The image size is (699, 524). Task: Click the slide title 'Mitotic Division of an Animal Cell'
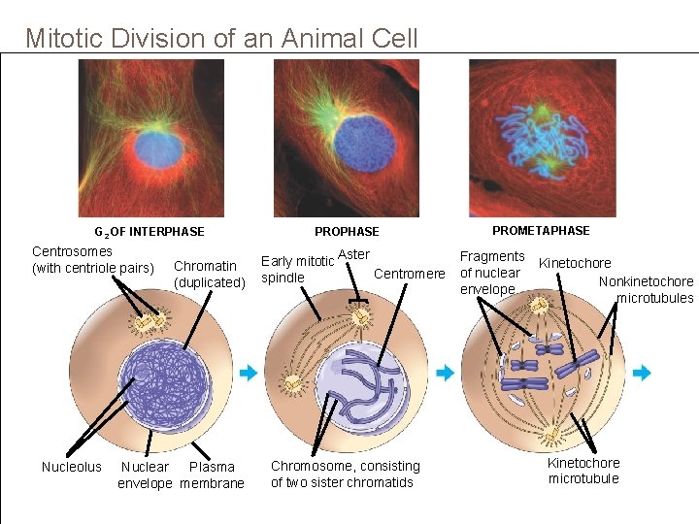point(221,39)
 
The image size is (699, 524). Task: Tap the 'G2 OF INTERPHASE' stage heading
point(149,232)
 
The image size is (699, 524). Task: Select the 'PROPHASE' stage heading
point(347,232)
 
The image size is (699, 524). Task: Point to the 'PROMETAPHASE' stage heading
point(541,231)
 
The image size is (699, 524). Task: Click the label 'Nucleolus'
point(71,467)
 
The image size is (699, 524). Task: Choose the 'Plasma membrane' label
point(212,475)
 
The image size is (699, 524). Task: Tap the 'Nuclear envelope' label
point(145,475)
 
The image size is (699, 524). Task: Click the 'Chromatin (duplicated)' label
point(209,274)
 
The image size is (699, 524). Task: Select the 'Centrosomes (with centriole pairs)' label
point(92,259)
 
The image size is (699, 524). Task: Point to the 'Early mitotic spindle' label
point(297,269)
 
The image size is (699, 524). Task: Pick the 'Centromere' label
point(409,274)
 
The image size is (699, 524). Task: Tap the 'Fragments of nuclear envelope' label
point(491,273)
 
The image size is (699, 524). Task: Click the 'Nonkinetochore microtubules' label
point(647,290)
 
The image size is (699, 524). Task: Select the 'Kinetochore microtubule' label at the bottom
point(583,471)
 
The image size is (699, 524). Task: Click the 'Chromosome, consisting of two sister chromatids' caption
point(345,474)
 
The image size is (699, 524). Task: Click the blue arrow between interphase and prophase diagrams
point(248,372)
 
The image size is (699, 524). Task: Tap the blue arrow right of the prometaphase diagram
point(642,372)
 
